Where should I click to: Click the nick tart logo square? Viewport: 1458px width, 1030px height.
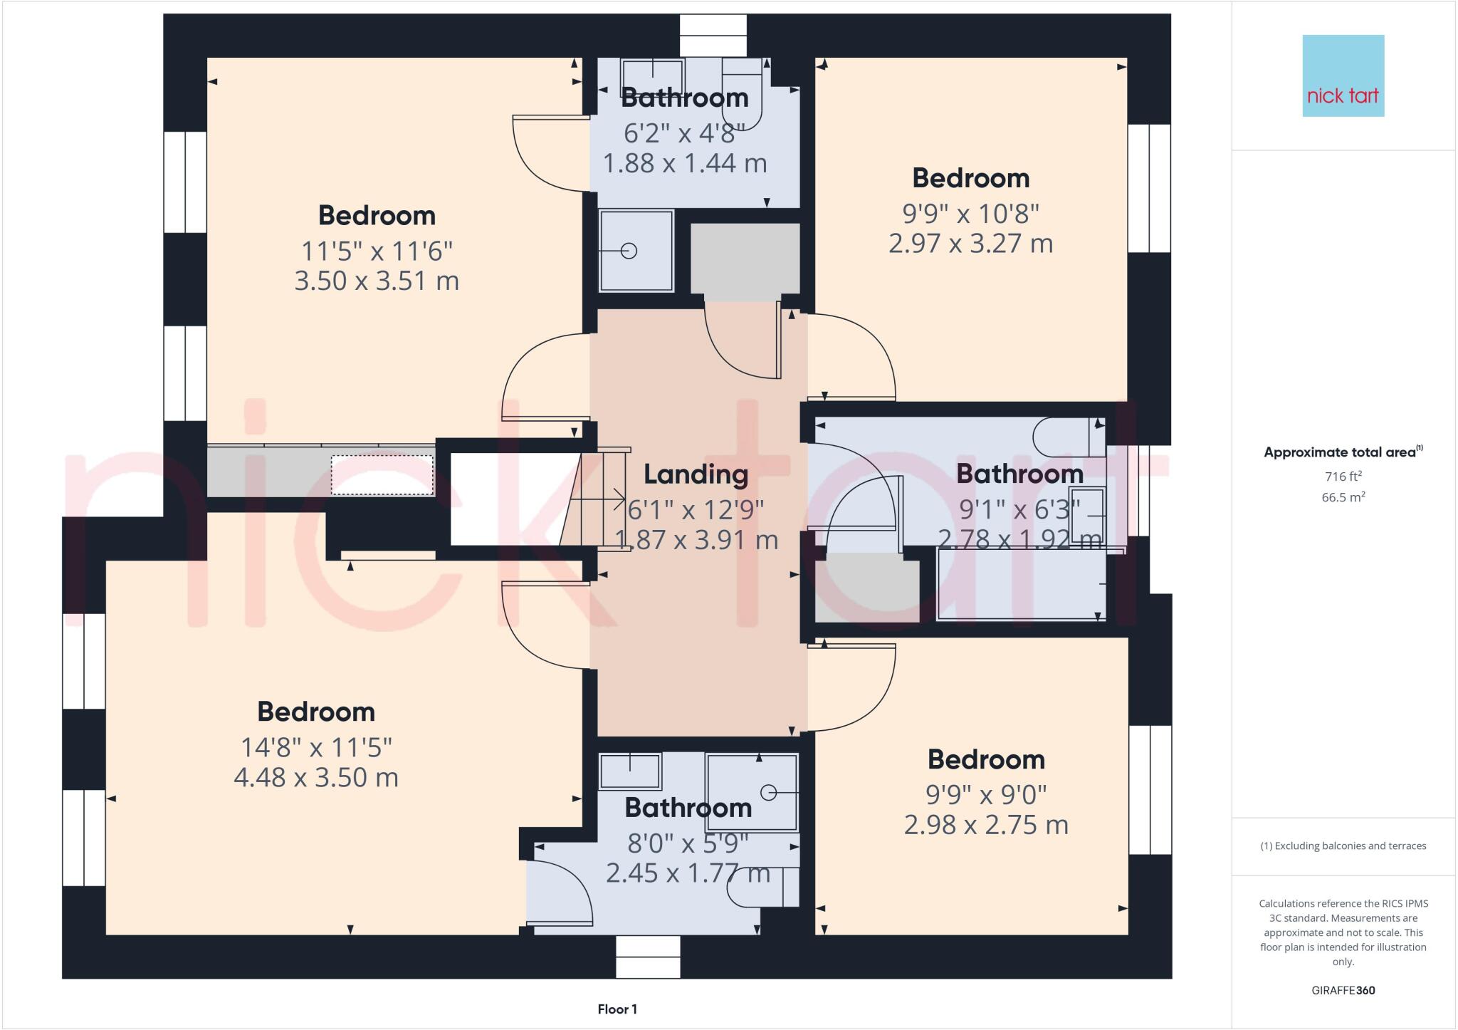point(1343,76)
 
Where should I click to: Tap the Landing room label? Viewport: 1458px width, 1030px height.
point(696,474)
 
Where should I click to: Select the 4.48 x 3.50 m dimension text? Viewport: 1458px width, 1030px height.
point(316,777)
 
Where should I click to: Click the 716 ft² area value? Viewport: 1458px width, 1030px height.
point(1343,476)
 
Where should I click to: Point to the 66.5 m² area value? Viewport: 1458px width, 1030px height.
point(1343,497)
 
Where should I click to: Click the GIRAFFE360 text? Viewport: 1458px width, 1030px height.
point(1343,990)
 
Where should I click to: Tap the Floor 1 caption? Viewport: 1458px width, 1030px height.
point(617,1009)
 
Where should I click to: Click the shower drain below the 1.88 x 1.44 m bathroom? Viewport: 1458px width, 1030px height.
point(629,251)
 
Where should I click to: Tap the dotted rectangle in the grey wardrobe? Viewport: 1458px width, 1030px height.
point(382,475)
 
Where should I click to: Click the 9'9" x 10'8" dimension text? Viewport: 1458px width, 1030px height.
point(970,213)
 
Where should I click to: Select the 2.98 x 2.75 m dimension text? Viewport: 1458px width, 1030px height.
point(986,825)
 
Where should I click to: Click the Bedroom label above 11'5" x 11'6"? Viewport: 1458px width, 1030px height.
point(377,215)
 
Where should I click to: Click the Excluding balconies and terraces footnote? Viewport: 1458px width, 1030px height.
point(1343,846)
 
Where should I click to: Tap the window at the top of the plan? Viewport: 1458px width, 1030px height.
point(713,35)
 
